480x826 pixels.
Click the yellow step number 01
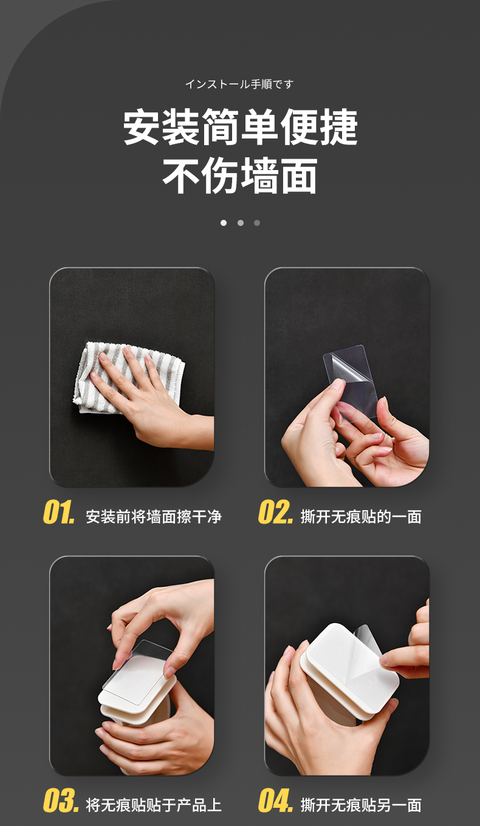(x=59, y=512)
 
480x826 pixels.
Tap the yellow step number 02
(x=276, y=512)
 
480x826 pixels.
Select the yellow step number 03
(x=61, y=800)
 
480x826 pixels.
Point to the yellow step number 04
(x=276, y=800)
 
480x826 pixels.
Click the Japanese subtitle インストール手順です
(x=239, y=84)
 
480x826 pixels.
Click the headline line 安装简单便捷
(x=240, y=126)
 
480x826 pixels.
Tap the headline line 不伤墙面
(x=240, y=176)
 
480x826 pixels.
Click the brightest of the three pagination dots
(x=224, y=223)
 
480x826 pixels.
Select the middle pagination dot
(x=241, y=223)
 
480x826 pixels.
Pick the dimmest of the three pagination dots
(x=257, y=223)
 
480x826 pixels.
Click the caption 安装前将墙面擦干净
(x=154, y=517)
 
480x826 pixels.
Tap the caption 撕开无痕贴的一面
(x=361, y=517)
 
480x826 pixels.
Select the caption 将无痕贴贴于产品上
(x=154, y=805)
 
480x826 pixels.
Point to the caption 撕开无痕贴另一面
(x=361, y=805)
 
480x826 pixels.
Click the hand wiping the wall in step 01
(x=148, y=398)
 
